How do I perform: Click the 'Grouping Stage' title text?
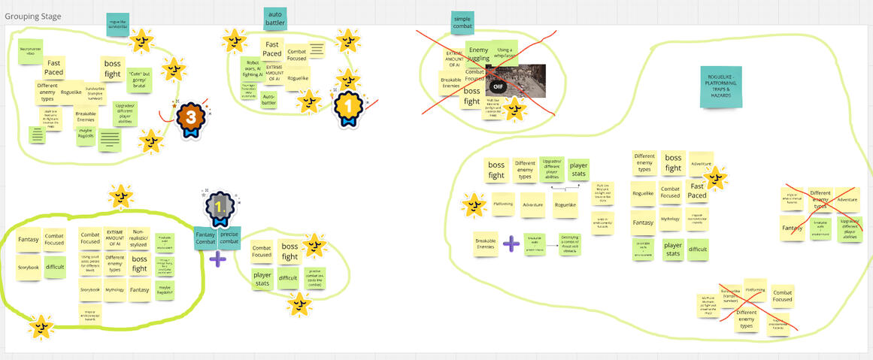tap(33, 17)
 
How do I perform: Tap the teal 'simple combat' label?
tap(462, 23)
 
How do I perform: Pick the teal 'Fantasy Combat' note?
tap(205, 238)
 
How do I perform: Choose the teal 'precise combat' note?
tap(229, 238)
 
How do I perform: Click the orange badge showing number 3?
tap(191, 118)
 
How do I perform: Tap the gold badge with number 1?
tap(348, 107)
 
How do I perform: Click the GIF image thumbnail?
tap(516, 80)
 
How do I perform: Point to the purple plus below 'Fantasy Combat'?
tap(217, 259)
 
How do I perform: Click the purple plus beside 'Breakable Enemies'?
tap(511, 244)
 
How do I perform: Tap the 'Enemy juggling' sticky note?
tap(478, 53)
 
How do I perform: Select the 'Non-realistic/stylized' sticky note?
tap(139, 238)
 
